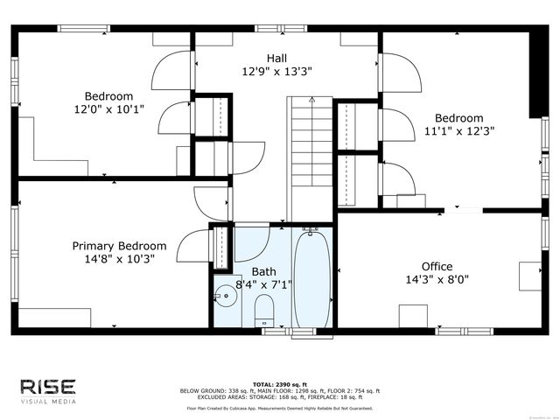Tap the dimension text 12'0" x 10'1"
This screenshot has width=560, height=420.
click(x=108, y=109)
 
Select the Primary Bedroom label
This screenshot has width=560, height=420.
click(x=119, y=246)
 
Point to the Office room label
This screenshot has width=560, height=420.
click(x=437, y=266)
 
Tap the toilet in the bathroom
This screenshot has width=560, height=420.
click(x=263, y=310)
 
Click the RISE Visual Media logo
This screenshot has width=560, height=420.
click(x=48, y=390)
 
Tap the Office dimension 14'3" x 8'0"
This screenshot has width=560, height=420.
click(x=437, y=280)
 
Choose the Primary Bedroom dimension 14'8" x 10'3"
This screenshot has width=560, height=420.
click(x=119, y=259)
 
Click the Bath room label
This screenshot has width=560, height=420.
click(x=263, y=271)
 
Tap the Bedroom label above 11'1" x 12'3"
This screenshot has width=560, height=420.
click(x=458, y=118)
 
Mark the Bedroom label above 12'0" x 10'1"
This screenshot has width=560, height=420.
click(x=108, y=96)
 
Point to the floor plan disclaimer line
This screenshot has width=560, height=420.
click(x=279, y=408)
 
